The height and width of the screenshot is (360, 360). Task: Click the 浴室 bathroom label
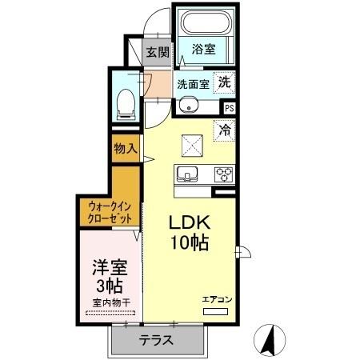203,50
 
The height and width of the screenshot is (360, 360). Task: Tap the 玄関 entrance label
158,53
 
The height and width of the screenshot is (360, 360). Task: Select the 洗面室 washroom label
193,82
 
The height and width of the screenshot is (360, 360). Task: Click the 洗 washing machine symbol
226,81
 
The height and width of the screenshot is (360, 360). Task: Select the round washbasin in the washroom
188,104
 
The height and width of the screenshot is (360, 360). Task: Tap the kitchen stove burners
222,174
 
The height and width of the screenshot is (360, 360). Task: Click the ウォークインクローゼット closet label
109,212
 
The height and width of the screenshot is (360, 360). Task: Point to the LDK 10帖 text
188,232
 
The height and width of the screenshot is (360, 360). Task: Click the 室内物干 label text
106,302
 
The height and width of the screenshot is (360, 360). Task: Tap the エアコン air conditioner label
216,299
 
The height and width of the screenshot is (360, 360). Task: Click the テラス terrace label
156,339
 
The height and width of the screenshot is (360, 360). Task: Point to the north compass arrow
270,340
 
